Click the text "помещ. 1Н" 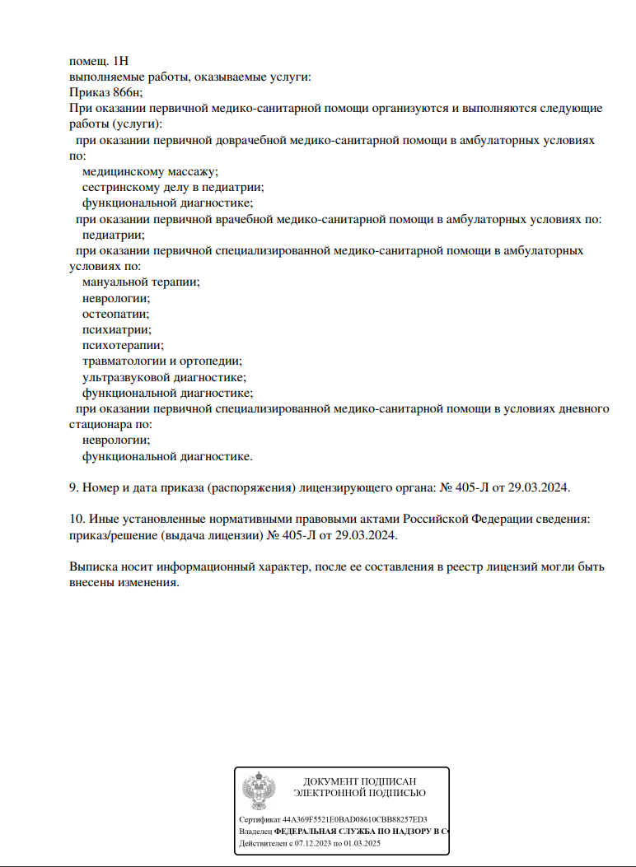click(99, 62)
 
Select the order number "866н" click(126, 93)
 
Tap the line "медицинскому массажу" click(150, 171)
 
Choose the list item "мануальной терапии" click(140, 282)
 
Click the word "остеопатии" click(115, 314)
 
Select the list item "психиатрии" click(116, 329)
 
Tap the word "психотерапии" click(122, 345)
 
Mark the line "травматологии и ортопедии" click(161, 361)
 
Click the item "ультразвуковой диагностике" click(163, 376)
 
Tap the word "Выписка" click(94, 567)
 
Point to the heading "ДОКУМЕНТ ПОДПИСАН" click(359, 781)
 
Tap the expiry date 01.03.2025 click(362, 844)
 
